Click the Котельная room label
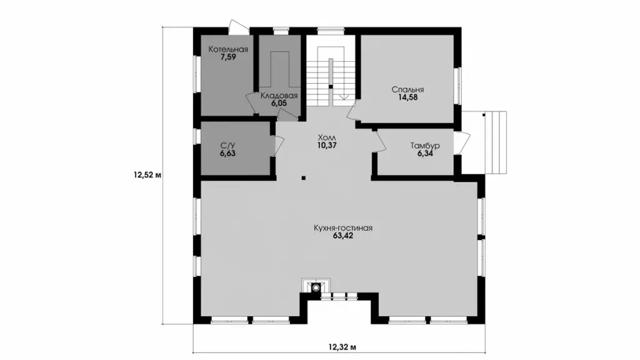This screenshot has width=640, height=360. (x=228, y=49)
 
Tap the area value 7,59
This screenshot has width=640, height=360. (x=228, y=57)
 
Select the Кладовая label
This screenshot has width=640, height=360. (x=279, y=96)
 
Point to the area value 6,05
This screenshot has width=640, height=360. (x=279, y=103)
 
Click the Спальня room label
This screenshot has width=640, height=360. (x=407, y=89)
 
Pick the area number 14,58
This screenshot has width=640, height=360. (x=407, y=97)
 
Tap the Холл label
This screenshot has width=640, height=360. (x=326, y=137)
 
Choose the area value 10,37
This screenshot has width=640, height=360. (x=326, y=145)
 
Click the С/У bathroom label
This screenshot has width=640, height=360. (x=227, y=146)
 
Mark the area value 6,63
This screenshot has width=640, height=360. (x=227, y=154)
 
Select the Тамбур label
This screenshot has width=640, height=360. (x=425, y=146)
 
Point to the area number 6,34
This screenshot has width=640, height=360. (x=425, y=154)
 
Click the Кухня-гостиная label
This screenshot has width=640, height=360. (x=343, y=228)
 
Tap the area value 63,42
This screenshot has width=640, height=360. (x=343, y=236)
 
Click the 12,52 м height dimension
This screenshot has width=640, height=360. (x=147, y=176)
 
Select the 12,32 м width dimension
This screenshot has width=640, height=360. (x=342, y=347)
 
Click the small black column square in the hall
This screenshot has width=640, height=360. (x=304, y=177)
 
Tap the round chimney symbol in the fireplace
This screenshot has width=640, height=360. (x=316, y=287)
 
